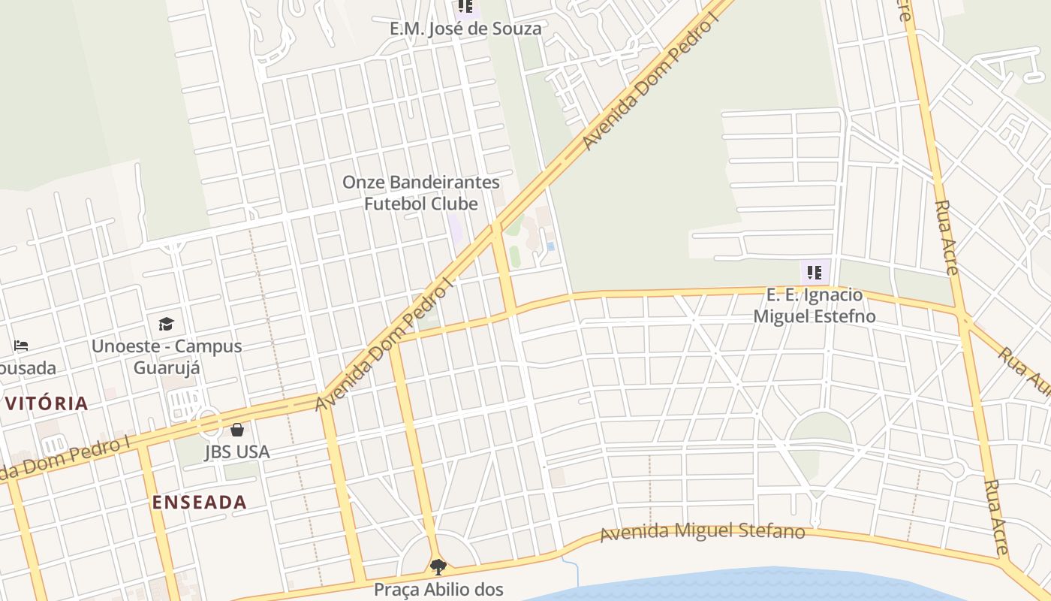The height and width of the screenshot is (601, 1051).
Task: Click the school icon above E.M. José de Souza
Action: click(465, 8)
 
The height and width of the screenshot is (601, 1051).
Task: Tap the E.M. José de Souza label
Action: click(465, 29)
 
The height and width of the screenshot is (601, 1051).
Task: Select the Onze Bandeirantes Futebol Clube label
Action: click(421, 193)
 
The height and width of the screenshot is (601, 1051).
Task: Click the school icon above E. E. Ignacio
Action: click(815, 272)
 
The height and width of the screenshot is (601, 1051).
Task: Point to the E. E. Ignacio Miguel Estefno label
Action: click(815, 306)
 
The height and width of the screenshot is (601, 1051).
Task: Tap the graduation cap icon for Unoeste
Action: click(166, 325)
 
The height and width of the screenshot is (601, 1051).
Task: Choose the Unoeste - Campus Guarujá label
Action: click(167, 357)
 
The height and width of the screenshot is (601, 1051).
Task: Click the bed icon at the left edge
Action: click(21, 346)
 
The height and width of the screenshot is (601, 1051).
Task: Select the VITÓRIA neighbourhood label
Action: click(47, 403)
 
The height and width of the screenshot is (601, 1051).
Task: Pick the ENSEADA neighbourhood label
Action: click(200, 503)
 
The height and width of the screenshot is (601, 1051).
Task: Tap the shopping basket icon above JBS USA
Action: click(237, 430)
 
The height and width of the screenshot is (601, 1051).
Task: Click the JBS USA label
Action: click(237, 452)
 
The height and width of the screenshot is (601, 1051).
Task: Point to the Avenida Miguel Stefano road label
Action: click(703, 532)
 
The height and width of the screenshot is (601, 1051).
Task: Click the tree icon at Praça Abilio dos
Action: click(438, 567)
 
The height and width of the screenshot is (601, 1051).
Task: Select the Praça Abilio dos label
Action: click(438, 589)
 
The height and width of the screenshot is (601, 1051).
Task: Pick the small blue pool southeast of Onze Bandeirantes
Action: click(551, 246)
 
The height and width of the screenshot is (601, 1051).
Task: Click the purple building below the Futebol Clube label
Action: click(456, 228)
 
